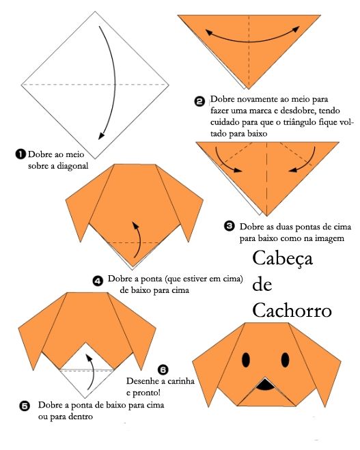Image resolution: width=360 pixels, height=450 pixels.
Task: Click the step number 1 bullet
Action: coord(20,154)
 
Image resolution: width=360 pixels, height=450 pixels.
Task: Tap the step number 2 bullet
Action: coord(199,102)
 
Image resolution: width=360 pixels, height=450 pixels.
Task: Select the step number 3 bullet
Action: coord(229,226)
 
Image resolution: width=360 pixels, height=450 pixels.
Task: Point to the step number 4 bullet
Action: coord(98,281)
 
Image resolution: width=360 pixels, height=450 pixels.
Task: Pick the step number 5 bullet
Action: coord(25,406)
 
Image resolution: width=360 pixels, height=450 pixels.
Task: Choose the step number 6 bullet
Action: coord(163,369)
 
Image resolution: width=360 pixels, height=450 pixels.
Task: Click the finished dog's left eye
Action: coord(246,360)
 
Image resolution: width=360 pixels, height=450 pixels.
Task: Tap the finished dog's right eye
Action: coord(285,360)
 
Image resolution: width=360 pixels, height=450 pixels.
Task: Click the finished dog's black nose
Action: coord(266,384)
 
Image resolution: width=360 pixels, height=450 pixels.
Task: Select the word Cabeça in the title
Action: coord(283,259)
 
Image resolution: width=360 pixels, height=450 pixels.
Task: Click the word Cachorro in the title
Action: coord(292,310)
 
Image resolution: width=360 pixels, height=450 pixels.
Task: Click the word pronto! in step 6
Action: coord(147,393)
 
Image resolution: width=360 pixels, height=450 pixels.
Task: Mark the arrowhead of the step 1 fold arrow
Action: coord(101,136)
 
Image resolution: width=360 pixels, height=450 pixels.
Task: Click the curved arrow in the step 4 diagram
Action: coord(139,239)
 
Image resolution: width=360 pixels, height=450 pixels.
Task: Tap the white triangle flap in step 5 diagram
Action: coord(87,370)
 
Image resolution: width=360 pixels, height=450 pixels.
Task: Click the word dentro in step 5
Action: coord(79,417)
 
